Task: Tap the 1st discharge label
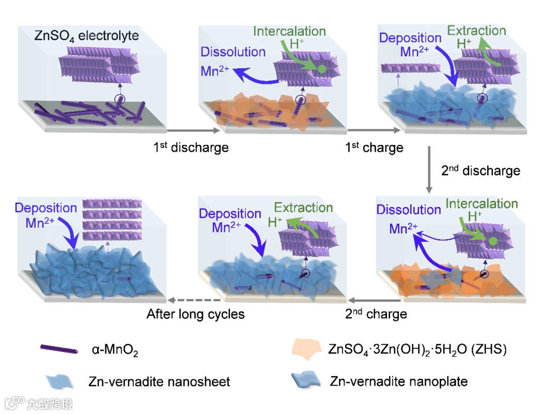(191, 147)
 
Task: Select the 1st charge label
(374, 147)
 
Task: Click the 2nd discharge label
(481, 170)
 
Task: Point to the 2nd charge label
(376, 314)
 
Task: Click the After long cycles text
(195, 314)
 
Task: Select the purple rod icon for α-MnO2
(59, 350)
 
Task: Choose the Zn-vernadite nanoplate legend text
(398, 382)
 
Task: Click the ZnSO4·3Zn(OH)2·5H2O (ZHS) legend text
(417, 349)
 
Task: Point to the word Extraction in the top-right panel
(476, 31)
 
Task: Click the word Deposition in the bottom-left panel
(46, 208)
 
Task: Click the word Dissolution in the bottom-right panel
(409, 210)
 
